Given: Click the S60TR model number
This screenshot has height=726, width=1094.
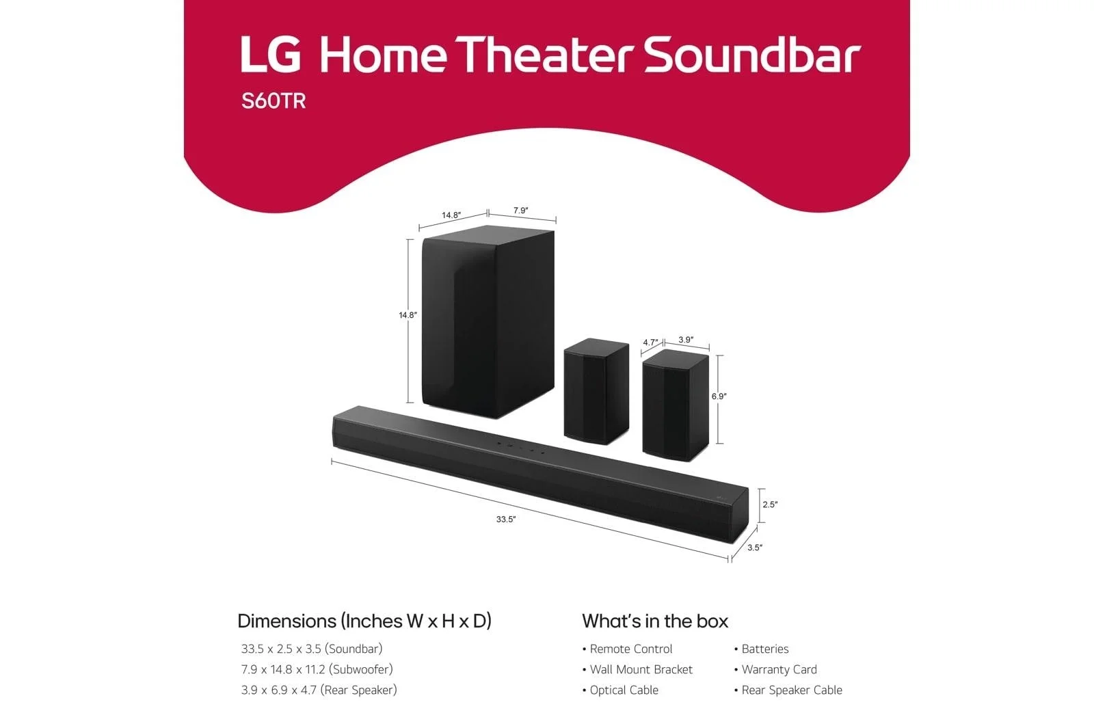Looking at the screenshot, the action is (x=273, y=101).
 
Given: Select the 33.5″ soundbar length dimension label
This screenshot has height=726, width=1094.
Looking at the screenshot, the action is (x=506, y=519).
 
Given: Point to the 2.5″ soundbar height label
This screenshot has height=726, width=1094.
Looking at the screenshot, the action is (x=770, y=505).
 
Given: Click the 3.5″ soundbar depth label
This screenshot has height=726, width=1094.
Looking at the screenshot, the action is (x=755, y=548).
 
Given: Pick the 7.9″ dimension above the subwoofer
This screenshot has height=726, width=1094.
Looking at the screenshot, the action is (x=520, y=211).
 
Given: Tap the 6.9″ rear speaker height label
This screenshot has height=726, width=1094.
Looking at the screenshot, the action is (x=719, y=396).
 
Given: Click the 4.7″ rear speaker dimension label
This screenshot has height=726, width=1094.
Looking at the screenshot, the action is (x=650, y=342).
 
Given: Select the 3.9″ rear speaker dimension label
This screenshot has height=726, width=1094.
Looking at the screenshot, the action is (x=686, y=340).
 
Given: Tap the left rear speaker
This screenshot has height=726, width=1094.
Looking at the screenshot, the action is (x=596, y=391).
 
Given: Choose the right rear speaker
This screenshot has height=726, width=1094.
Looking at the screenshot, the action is (x=676, y=405).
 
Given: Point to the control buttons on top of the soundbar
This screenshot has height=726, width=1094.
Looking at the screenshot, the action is (x=520, y=448).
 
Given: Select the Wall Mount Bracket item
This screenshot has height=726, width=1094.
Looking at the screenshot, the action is (x=637, y=669).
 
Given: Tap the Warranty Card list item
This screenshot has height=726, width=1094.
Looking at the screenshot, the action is (x=775, y=669).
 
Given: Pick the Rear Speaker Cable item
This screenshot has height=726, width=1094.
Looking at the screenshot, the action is (x=788, y=690).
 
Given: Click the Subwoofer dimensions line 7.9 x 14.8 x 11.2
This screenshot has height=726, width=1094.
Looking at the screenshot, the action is (x=317, y=669).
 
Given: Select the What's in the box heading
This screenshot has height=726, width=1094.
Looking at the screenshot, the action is (x=655, y=621).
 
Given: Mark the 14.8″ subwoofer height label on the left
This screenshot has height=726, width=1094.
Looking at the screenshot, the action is (x=408, y=315).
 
